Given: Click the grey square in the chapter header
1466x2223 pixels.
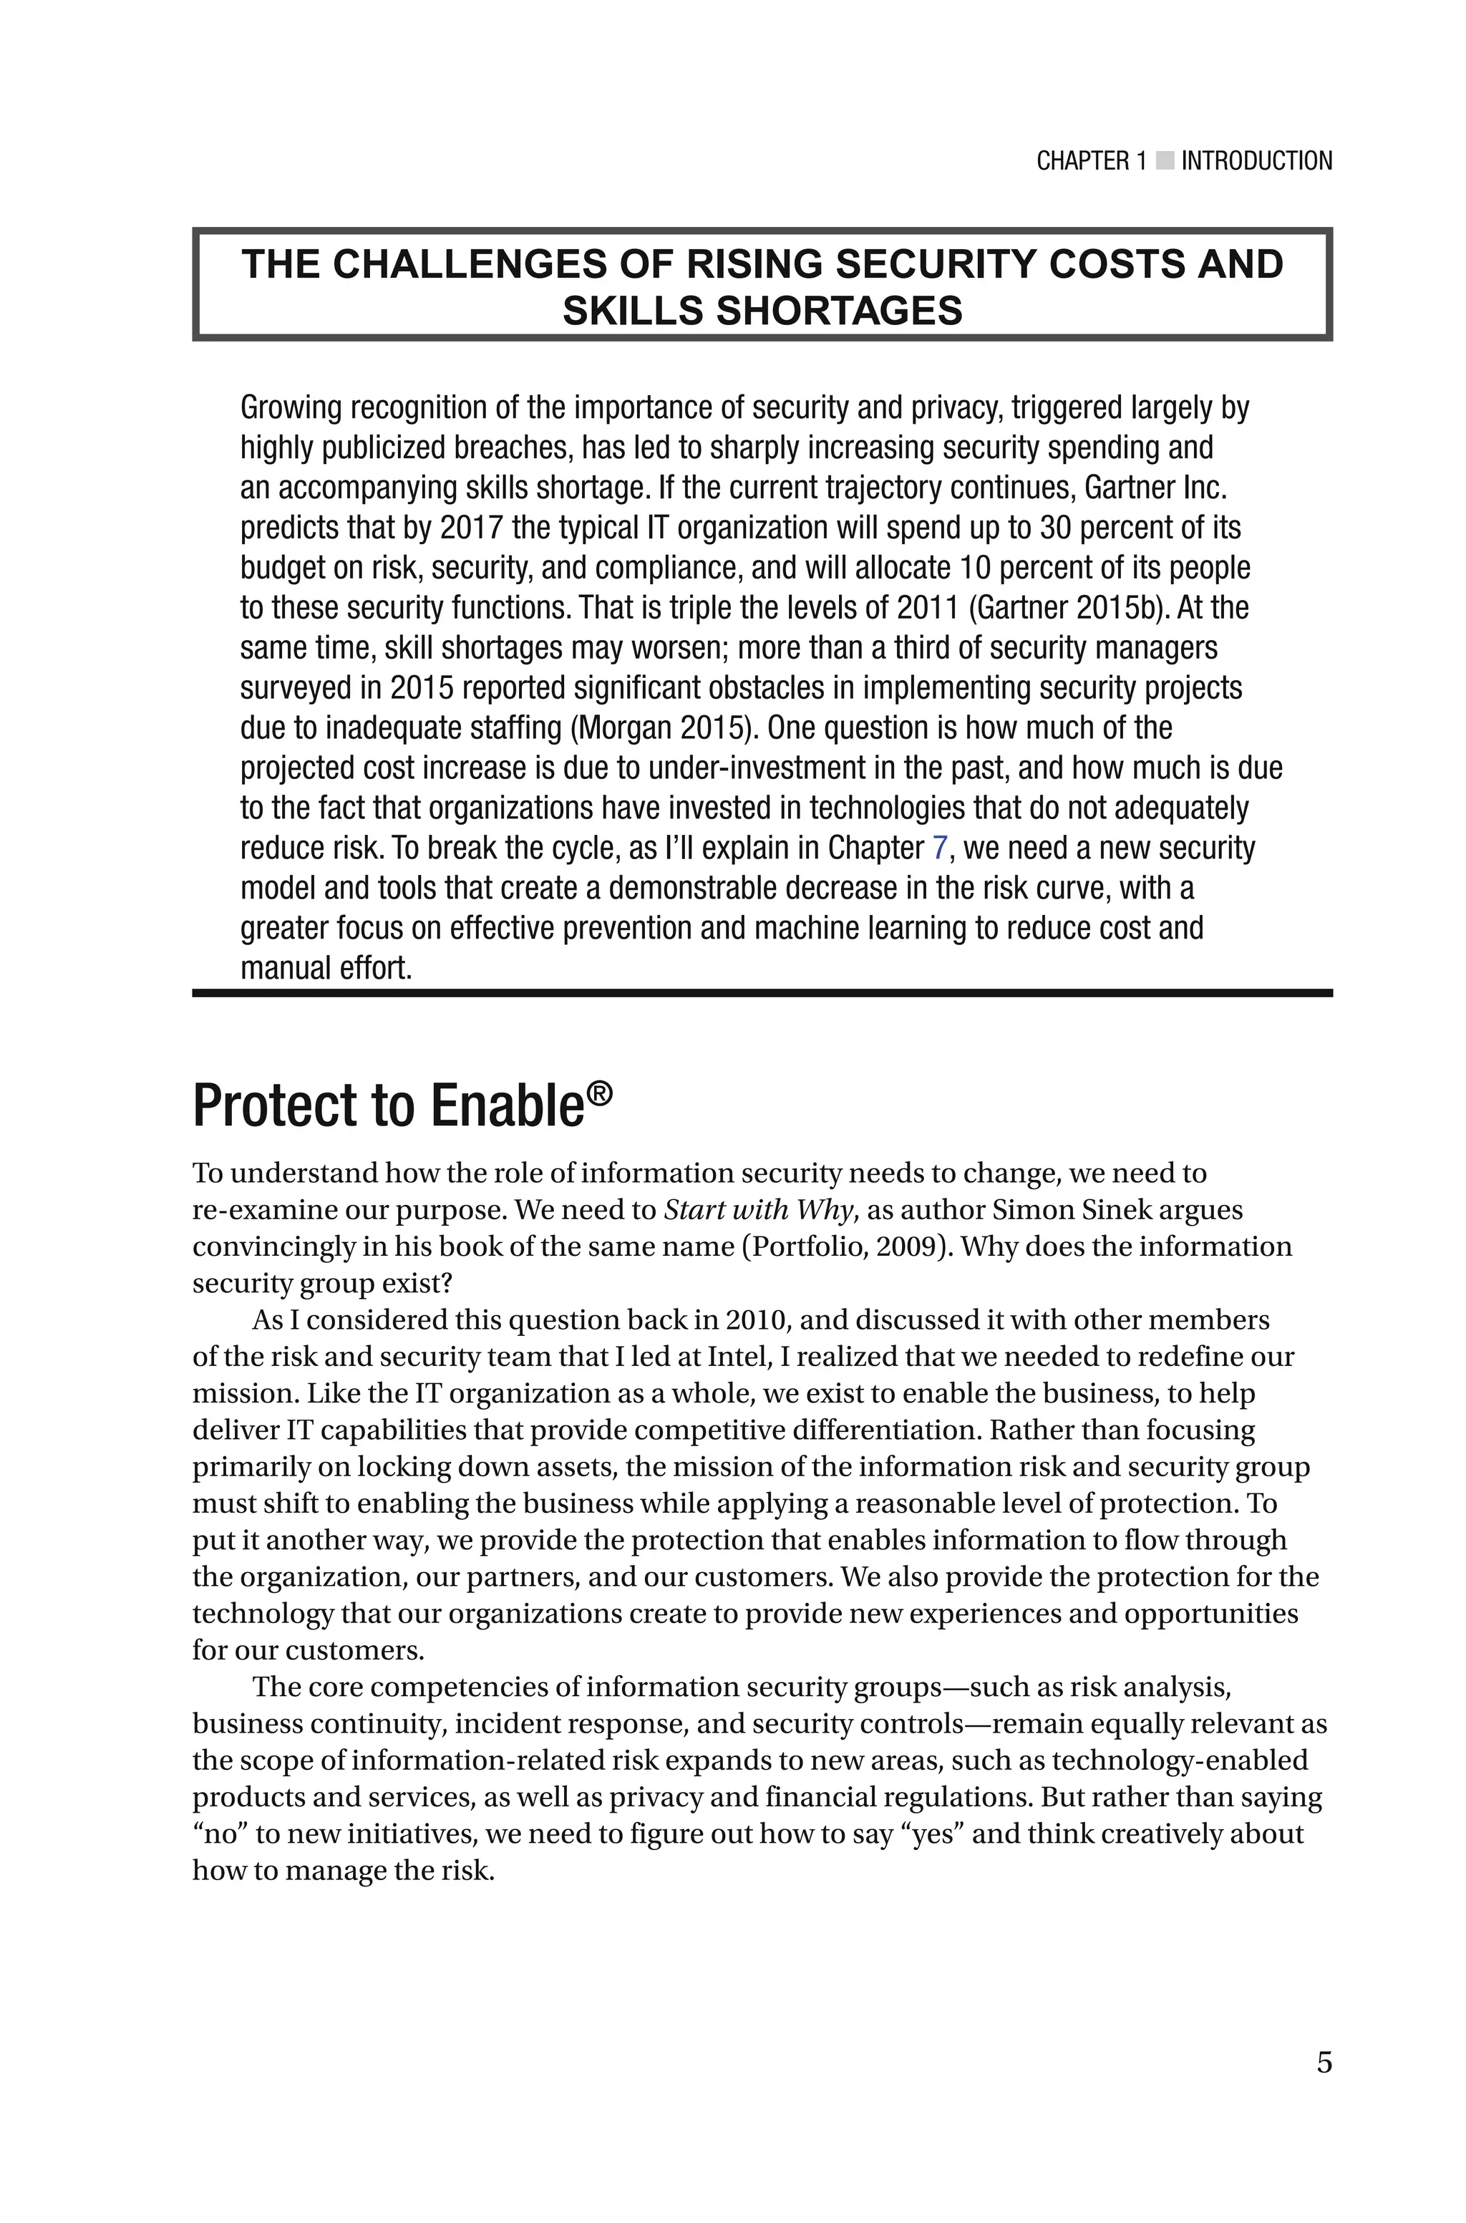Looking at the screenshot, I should point(1164,161).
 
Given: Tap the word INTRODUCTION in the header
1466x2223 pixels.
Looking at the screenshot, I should point(1256,161).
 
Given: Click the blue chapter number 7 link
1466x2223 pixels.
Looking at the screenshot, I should point(941,848).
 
